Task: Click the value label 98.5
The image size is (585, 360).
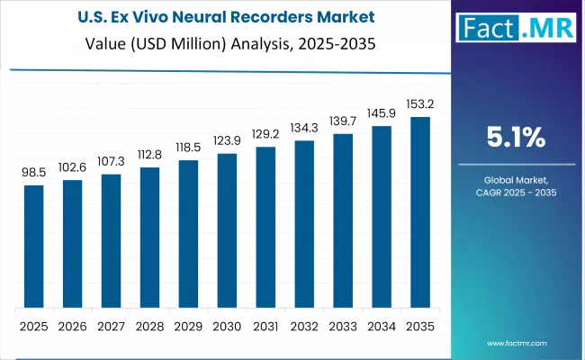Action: (x=33, y=171)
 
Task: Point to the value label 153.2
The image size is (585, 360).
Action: (x=419, y=103)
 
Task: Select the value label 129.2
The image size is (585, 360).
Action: (x=265, y=132)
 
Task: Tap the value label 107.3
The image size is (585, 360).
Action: (x=111, y=159)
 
